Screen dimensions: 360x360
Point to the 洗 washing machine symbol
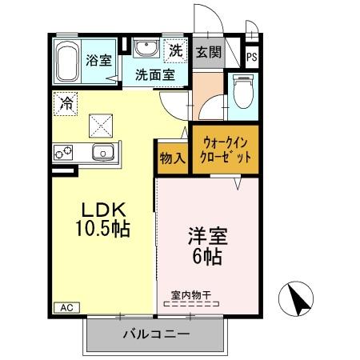click(175, 50)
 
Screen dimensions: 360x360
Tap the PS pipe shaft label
click(252, 57)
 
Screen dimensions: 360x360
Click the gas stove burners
click(65, 152)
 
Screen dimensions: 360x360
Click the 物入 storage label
click(173, 157)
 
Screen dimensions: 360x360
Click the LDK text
click(102, 210)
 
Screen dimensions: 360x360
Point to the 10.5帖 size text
click(102, 229)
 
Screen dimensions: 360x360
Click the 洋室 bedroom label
click(206, 238)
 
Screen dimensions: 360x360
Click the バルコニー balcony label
click(155, 334)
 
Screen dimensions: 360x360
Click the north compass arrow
click(298, 300)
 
